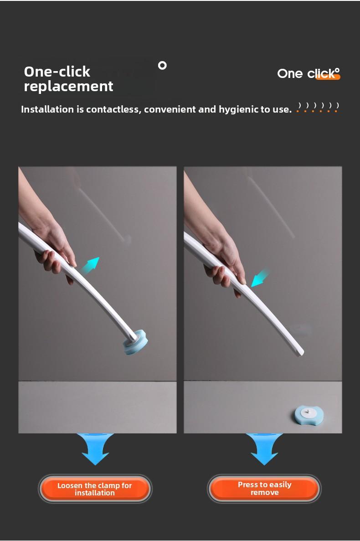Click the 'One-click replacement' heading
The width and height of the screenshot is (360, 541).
pyautogui.click(x=68, y=79)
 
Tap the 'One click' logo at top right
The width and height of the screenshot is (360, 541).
pyautogui.click(x=309, y=73)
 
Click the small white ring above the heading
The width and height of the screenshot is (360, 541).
pyautogui.click(x=162, y=65)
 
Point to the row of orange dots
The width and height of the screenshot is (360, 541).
pyautogui.click(x=317, y=111)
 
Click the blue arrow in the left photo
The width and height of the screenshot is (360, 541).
pyautogui.click(x=91, y=266)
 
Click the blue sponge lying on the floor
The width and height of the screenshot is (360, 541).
pyautogui.click(x=309, y=414)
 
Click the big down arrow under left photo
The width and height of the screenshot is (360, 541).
pyautogui.click(x=95, y=449)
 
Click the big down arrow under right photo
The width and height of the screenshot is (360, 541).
pyautogui.click(x=264, y=449)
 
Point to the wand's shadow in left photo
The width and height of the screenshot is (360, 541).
pyautogui.click(x=103, y=214)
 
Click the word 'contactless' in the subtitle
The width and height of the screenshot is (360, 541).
pyautogui.click(x=112, y=109)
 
